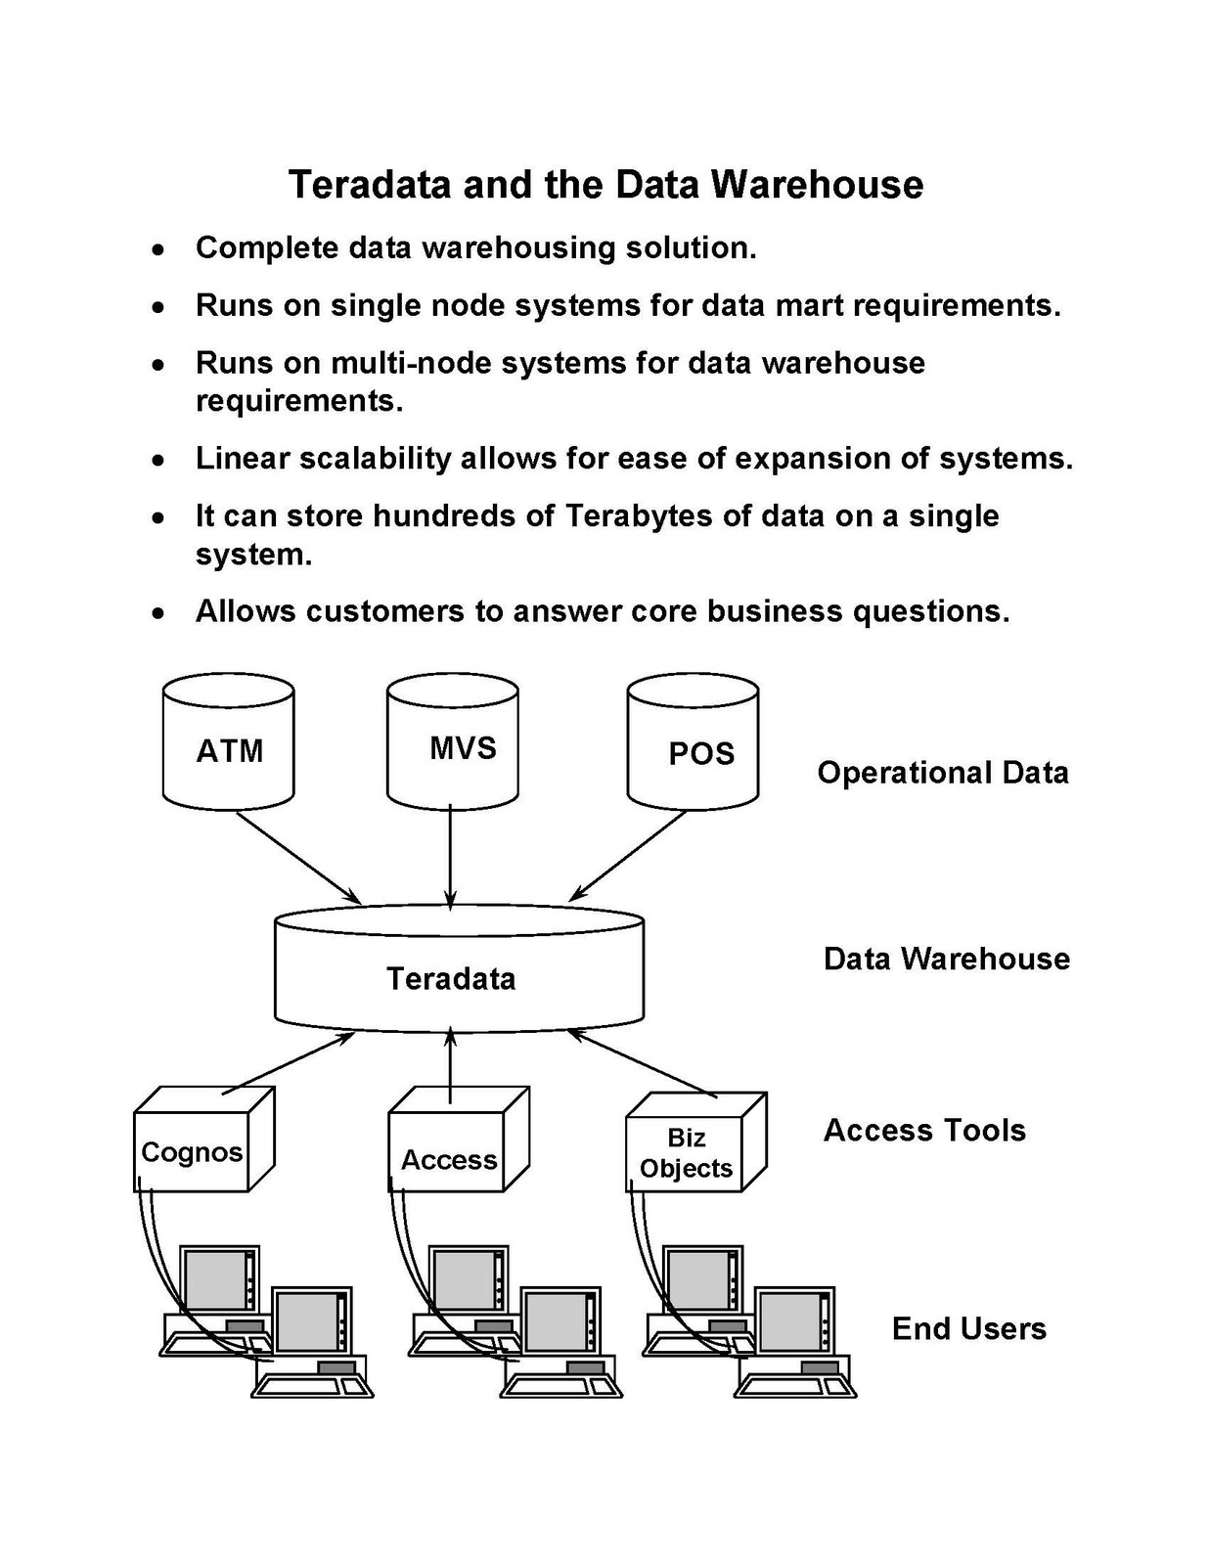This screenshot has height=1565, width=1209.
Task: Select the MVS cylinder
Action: pyautogui.click(x=452, y=748)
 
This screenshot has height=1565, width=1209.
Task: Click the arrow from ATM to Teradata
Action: pyautogui.click(x=298, y=858)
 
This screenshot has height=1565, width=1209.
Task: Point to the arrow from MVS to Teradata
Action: pyautogui.click(x=451, y=856)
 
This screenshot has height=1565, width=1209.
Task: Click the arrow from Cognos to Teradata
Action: pyautogui.click(x=289, y=1063)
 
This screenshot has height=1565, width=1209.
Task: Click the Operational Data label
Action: pyautogui.click(x=942, y=773)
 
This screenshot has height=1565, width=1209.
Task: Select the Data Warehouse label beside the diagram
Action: pyautogui.click(x=946, y=959)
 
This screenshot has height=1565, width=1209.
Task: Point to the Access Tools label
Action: pyautogui.click(x=924, y=1131)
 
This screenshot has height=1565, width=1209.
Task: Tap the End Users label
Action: pyautogui.click(x=968, y=1328)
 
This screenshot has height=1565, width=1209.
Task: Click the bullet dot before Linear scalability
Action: pyautogui.click(x=157, y=460)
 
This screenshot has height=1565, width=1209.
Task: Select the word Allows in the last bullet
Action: pyautogui.click(x=246, y=611)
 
